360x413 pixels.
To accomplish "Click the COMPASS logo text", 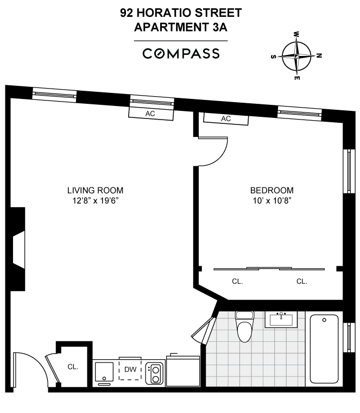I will pos(181,53).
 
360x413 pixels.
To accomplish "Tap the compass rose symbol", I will pos(297,56).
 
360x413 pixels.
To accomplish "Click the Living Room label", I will pos(95,190).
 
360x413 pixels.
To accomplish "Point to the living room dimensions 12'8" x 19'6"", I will pos(95,200).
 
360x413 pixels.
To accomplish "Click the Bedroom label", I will pos(271,190).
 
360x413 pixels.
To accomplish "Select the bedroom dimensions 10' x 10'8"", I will pos(271,200).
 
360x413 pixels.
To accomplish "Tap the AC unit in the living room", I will pos(150,114).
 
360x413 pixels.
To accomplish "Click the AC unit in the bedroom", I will pos(226,118).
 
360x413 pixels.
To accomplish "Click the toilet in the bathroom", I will pos(244,326).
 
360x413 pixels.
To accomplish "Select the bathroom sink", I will pos(281,319).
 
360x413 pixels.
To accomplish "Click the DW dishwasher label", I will pos(130,370).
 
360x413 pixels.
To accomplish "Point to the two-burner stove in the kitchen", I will pos(155,373).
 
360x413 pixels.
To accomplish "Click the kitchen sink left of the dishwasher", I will pos(104,372).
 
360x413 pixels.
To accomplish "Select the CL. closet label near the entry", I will pos(73,366).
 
